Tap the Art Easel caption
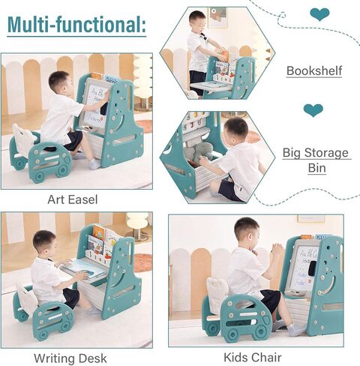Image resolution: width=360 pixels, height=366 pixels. [73, 199]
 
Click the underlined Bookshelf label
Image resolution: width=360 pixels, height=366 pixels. [314, 71]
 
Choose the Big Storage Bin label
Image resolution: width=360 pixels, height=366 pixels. [316, 160]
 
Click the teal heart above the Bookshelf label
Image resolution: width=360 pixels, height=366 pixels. [319, 13]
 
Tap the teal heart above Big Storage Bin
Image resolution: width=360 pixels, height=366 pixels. [313, 111]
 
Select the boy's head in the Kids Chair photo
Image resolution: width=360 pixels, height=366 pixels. [246, 229]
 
